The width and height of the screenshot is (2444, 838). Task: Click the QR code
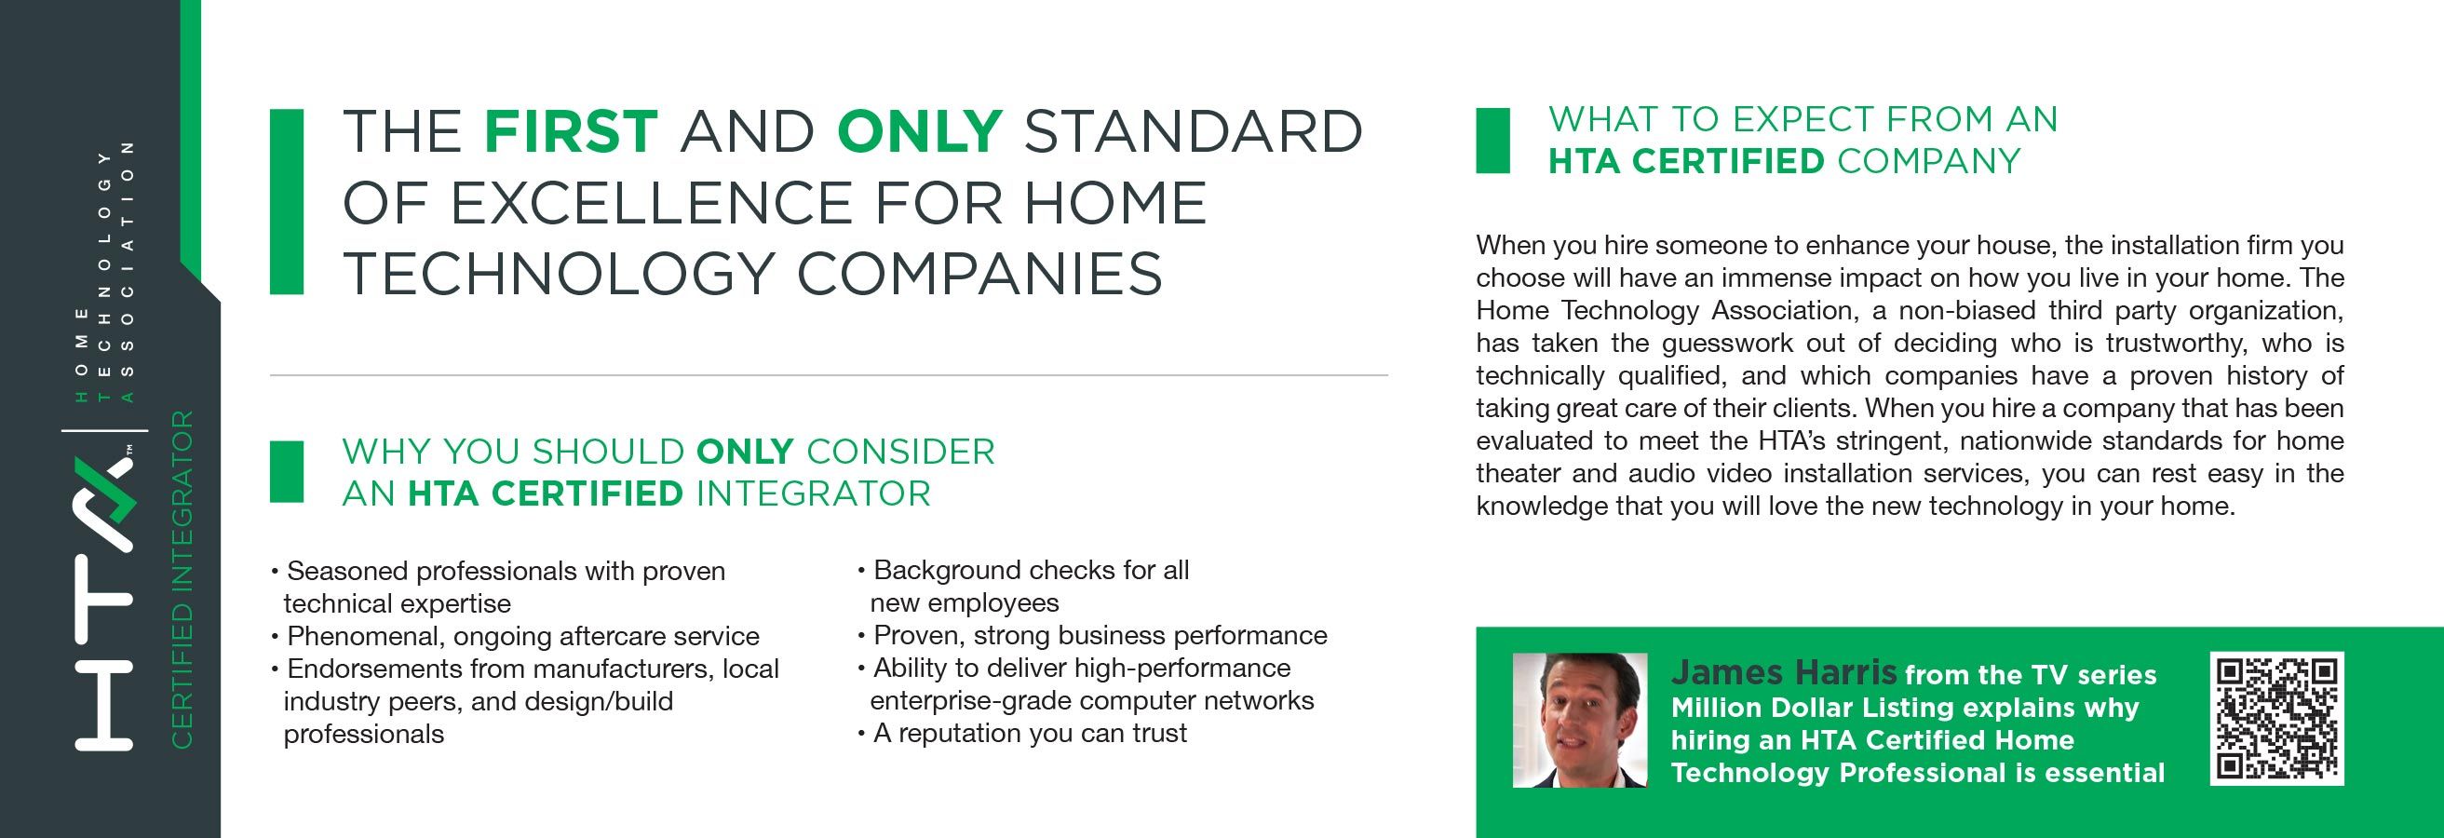(2277, 719)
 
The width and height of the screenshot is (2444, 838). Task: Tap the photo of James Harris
(1580, 720)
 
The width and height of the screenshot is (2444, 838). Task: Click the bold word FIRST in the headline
(571, 131)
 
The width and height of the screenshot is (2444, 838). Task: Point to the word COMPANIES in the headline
(979, 274)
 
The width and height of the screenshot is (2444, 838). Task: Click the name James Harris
(1784, 672)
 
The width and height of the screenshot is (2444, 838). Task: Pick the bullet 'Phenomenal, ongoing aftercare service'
(515, 636)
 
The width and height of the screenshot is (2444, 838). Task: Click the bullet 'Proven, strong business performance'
(1092, 635)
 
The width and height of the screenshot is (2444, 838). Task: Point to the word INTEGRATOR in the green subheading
(813, 493)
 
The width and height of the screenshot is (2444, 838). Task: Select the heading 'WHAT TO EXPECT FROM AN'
(1803, 118)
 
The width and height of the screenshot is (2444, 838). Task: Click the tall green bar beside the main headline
(287, 201)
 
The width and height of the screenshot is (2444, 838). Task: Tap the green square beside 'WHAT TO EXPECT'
(1493, 141)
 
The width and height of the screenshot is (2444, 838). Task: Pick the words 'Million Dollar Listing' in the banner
(1790, 707)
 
